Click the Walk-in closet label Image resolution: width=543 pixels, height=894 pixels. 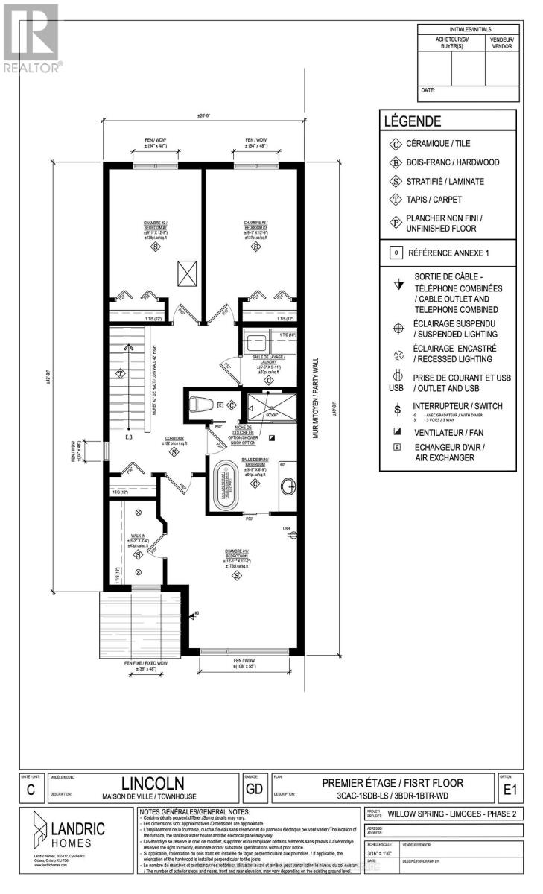coord(136,538)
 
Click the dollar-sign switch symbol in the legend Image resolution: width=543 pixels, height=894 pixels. coord(398,408)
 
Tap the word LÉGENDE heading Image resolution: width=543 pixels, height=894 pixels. coord(412,121)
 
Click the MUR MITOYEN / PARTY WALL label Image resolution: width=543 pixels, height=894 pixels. coord(315,396)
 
